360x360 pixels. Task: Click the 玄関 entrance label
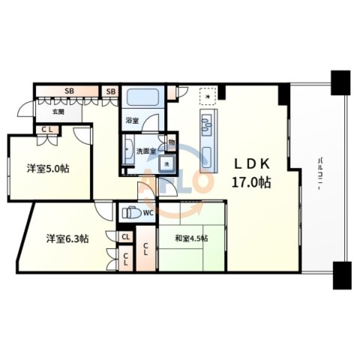[x=58, y=112]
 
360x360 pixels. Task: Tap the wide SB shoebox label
[x=69, y=91]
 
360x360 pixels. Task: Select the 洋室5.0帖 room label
[x=50, y=169]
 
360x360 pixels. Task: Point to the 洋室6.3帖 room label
[x=67, y=238]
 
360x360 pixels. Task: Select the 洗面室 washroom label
[x=145, y=151]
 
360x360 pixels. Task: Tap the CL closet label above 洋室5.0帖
[x=46, y=130]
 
